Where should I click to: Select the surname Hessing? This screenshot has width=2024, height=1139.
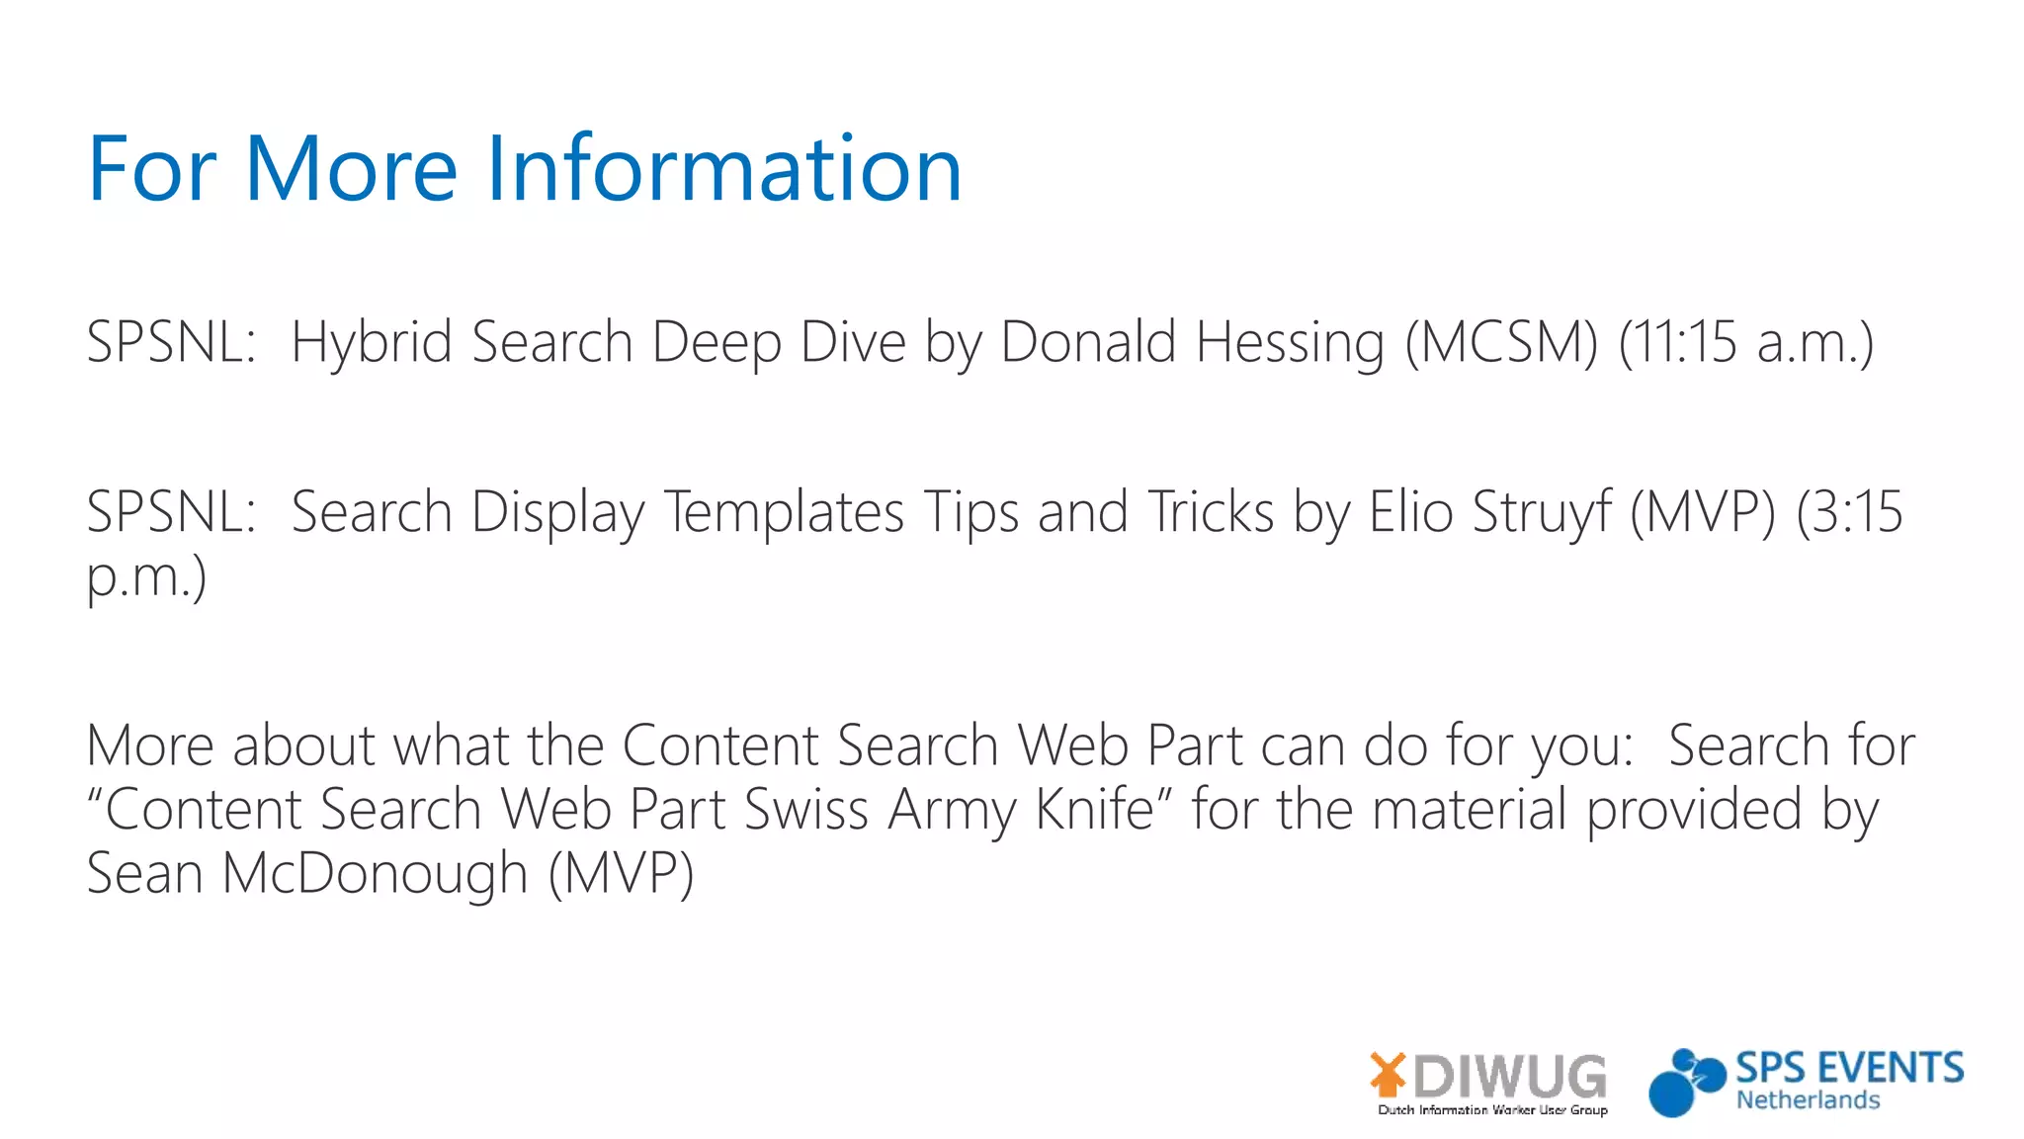[x=1290, y=342]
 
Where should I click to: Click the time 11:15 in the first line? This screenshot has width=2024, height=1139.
[x=1677, y=342]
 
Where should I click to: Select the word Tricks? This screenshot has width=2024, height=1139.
[x=1210, y=512]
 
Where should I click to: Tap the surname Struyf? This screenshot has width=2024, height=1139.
[x=1542, y=512]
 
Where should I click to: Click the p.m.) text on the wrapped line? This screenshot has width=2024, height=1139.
[x=146, y=577]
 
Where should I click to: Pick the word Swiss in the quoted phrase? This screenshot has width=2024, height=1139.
[x=805, y=810]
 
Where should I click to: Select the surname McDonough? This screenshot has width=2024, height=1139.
[x=375, y=874]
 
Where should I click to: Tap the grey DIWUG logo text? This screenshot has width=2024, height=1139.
[x=1510, y=1076]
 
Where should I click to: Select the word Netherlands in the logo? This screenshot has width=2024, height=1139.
[x=1808, y=1100]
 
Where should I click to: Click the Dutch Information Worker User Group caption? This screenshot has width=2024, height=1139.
[x=1492, y=1110]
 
